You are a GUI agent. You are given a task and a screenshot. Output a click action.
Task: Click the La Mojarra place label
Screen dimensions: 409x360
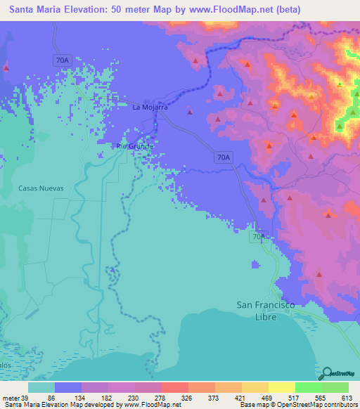[150, 108]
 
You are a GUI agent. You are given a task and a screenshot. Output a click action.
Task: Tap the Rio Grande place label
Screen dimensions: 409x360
[134, 146]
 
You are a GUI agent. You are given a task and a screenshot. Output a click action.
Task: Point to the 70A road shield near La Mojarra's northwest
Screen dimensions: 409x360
[63, 60]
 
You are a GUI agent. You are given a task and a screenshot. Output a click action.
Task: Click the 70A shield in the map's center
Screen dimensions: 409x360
[223, 159]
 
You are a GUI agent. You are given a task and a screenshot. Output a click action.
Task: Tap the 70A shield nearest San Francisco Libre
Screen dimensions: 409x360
[259, 238]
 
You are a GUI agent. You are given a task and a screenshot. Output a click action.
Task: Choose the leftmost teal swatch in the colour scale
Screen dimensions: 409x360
[41, 387]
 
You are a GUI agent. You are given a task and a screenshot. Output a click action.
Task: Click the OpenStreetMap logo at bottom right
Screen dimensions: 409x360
[336, 372]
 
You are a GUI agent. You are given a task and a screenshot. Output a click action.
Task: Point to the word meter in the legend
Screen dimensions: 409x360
[12, 398]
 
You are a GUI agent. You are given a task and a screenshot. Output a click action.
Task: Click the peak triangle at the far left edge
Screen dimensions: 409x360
[6, 68]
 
